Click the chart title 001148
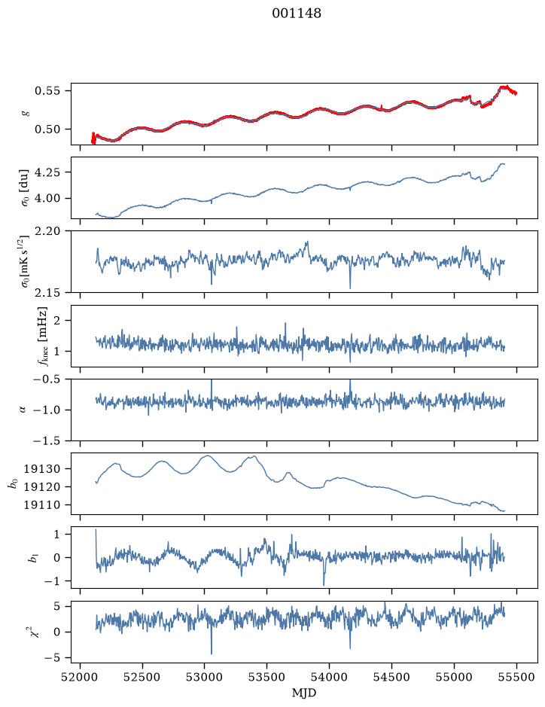click(297, 14)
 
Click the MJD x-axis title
click(304, 693)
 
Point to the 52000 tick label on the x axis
click(81, 677)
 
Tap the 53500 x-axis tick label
click(267, 677)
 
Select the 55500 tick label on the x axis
click(516, 677)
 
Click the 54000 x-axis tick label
click(329, 677)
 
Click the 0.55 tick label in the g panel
click(47, 90)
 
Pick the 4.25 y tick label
click(47, 172)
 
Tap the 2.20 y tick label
click(47, 231)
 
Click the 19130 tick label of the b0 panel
click(41, 469)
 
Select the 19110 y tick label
click(41, 505)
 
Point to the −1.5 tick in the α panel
click(47, 440)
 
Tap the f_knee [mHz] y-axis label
click(42, 337)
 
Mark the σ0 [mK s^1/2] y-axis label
click(26, 261)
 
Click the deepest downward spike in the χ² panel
click(212, 654)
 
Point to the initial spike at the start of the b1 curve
click(96, 530)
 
